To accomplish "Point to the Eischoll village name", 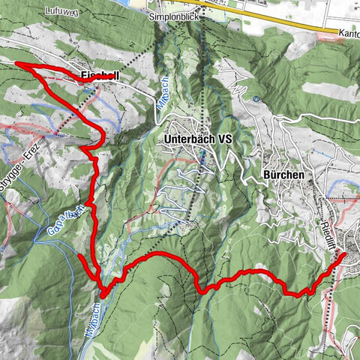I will pyautogui.click(x=100, y=76).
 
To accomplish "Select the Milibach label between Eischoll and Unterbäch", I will pyautogui.click(x=164, y=96).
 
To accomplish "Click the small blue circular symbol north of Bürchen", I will pyautogui.click(x=256, y=98).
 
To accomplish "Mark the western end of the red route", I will pyautogui.click(x=16, y=65).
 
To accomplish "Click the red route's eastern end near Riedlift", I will pyautogui.click(x=344, y=255).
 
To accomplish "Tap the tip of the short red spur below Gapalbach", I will pyautogui.click(x=79, y=256).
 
